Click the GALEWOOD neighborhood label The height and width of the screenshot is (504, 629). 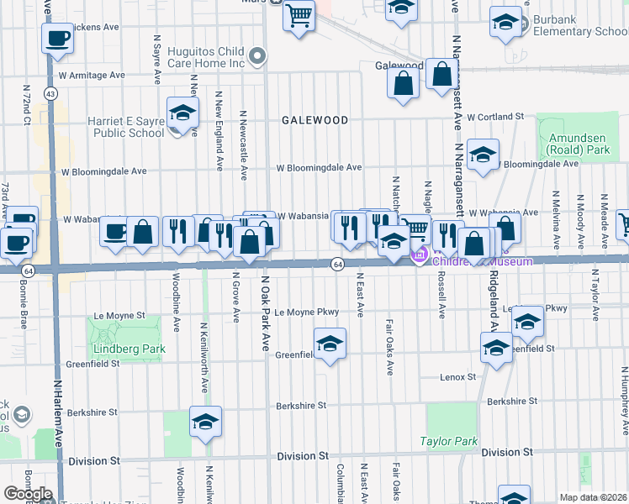tap(314, 120)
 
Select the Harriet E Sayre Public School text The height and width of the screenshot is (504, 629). tap(126, 127)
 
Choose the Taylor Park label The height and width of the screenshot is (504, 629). tap(448, 441)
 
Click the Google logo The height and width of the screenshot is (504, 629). tap(28, 494)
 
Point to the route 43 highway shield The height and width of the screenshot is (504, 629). tap(51, 94)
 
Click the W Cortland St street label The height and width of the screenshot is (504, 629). tap(496, 117)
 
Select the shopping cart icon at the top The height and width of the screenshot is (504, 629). tap(299, 15)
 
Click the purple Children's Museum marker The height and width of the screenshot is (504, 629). tap(418, 255)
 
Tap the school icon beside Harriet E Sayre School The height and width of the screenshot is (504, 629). tap(182, 113)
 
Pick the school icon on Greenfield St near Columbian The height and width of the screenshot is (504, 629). tap(330, 343)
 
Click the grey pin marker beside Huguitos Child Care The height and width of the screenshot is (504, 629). tap(259, 57)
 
